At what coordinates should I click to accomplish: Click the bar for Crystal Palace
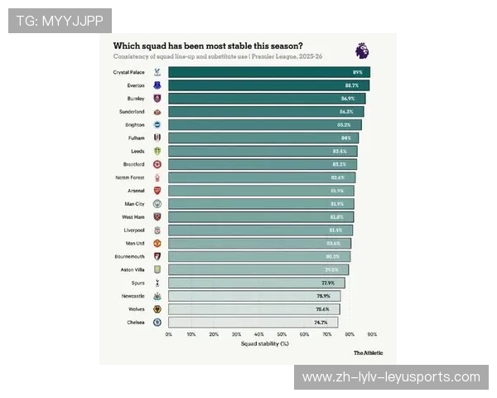coord(268,72)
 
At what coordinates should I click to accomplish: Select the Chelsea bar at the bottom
coord(253,322)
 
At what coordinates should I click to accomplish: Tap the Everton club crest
coord(157,85)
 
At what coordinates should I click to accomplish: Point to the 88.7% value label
coord(352,85)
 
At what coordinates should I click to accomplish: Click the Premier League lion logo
coord(362,51)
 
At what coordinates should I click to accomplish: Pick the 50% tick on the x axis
coord(282,334)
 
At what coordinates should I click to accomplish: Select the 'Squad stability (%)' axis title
coord(265,343)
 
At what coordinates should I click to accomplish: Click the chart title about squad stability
coord(208,46)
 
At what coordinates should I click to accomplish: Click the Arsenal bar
coord(261,191)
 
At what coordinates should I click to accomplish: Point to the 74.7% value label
coord(321,322)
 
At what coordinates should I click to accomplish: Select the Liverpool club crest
coord(157,230)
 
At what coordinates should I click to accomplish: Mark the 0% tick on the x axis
coord(169,334)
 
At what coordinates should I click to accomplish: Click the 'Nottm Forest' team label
coord(131,177)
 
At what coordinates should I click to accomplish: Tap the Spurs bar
coord(256,283)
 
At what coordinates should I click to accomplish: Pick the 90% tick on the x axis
coord(372,334)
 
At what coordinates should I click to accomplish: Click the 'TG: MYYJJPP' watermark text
coord(60,20)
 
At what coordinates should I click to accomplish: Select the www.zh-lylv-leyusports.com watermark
coord(391,377)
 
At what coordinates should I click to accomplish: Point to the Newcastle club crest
coord(157,296)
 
